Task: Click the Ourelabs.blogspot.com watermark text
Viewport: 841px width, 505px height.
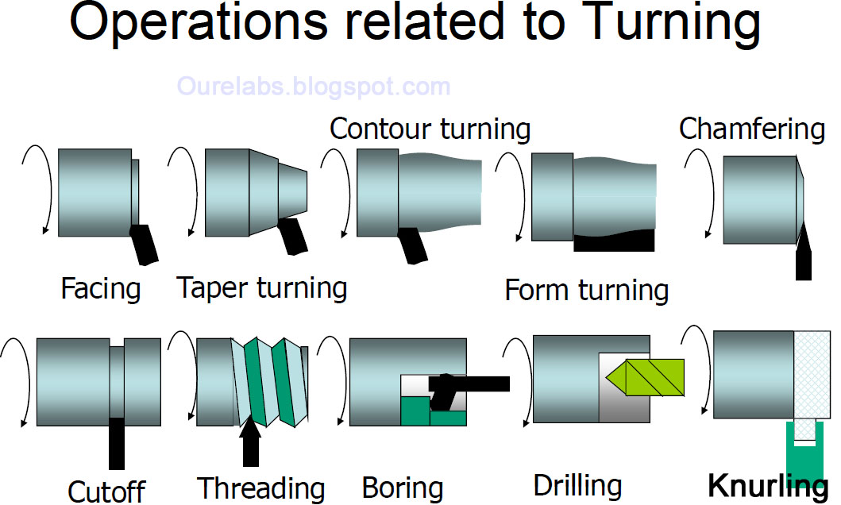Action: (314, 86)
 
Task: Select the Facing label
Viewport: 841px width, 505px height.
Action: (101, 288)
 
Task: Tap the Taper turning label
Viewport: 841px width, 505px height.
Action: (262, 287)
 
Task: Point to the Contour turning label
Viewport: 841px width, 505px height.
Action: (430, 129)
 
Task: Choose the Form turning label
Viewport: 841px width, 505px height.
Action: (587, 291)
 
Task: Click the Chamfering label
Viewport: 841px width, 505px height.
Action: (752, 129)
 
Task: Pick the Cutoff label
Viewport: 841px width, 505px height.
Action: (106, 492)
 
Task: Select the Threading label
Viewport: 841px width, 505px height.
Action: (261, 488)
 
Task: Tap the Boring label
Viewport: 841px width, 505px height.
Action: (403, 488)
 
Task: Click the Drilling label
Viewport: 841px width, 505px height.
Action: (577, 485)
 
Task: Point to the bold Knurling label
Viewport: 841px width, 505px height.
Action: (767, 485)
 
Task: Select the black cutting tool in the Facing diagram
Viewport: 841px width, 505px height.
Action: (144, 244)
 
